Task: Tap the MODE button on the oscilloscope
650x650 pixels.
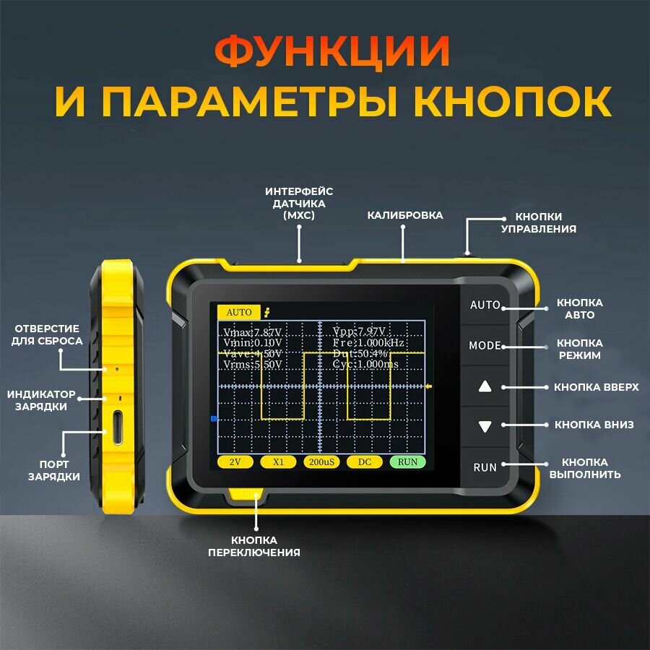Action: pyautogui.click(x=485, y=345)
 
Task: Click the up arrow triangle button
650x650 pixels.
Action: pyautogui.click(x=485, y=386)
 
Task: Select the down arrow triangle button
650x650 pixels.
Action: pyautogui.click(x=485, y=426)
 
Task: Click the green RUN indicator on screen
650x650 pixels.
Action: pyautogui.click(x=407, y=461)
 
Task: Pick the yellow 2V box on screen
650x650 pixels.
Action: pyautogui.click(x=235, y=461)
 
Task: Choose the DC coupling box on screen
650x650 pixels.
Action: pyautogui.click(x=364, y=461)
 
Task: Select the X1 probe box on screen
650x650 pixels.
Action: pyautogui.click(x=278, y=461)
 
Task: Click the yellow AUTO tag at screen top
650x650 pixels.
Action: pyautogui.click(x=239, y=312)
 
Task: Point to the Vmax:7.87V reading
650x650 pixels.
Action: pyautogui.click(x=251, y=332)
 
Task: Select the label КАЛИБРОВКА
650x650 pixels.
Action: pyautogui.click(x=405, y=215)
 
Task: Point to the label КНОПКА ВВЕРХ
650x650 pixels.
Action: pyautogui.click(x=597, y=387)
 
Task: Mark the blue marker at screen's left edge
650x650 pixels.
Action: pyautogui.click(x=214, y=418)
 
